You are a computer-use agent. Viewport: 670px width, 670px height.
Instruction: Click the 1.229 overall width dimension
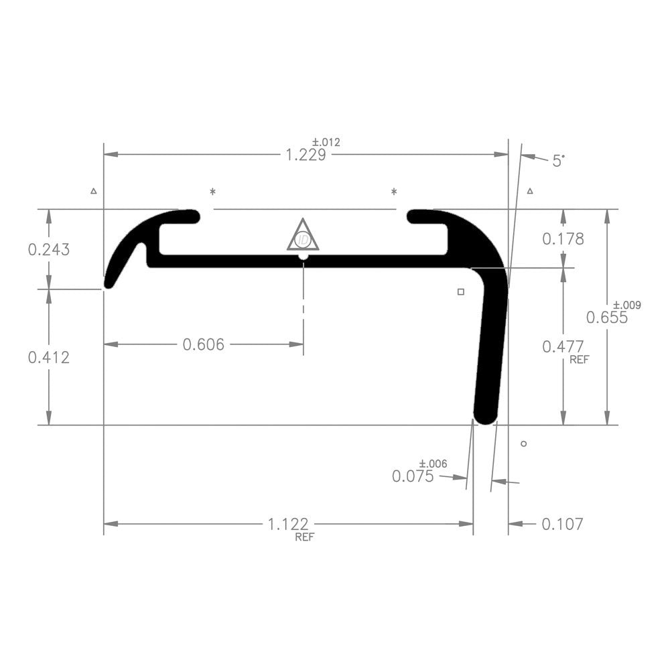coord(306,155)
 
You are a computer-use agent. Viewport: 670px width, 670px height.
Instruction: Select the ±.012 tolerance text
coord(326,142)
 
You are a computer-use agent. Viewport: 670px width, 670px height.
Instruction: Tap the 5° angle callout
coord(558,160)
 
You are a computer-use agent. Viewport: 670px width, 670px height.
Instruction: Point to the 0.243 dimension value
coord(48,249)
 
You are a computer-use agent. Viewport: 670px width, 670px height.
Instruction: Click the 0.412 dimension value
coord(48,357)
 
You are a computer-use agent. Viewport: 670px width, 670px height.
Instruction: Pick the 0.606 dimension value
coord(203,344)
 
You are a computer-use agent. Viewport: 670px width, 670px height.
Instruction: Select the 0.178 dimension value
coord(563,239)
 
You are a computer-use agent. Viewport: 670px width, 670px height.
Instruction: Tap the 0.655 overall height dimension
coord(607,318)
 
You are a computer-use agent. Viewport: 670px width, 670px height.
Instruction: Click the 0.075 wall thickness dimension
coord(413,476)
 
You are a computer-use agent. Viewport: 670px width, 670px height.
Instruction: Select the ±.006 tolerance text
coord(433,464)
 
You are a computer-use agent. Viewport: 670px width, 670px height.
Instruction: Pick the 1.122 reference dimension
coord(288,524)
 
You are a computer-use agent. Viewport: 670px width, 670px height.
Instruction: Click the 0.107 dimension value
coord(562,524)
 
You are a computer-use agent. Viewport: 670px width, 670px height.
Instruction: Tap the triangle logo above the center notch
coord(303,236)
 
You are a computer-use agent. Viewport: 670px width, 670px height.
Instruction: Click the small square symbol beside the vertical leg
coord(460,291)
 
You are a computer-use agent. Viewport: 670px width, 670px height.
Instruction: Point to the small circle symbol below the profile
coord(524,444)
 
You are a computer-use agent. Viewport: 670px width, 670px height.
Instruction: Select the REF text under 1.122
coord(304,537)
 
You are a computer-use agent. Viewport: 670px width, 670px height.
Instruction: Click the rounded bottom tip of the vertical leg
coord(485,415)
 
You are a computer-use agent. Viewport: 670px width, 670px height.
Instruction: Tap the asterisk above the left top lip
coord(213,192)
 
